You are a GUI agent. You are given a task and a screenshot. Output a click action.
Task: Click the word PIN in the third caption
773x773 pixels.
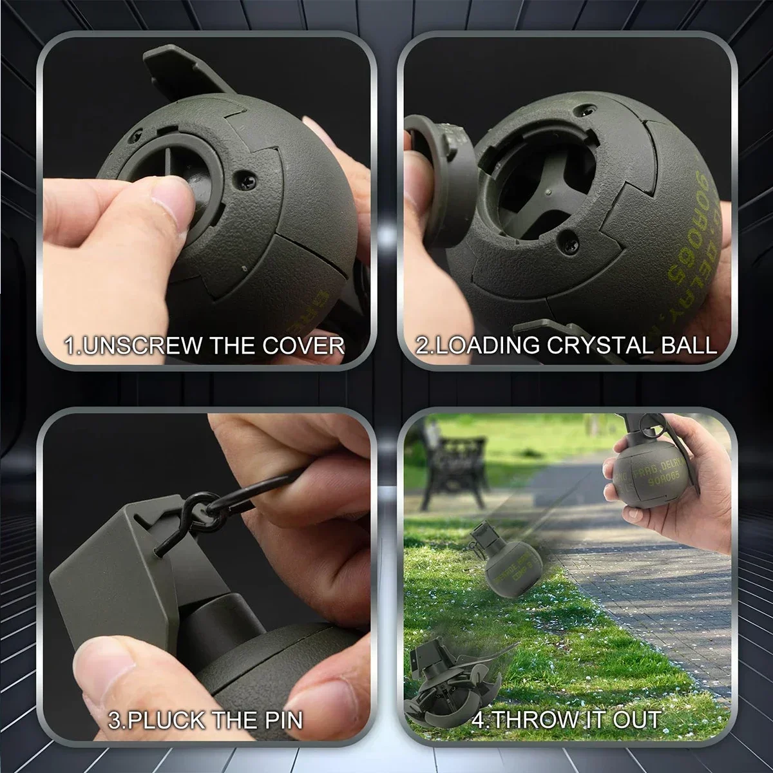click(x=280, y=720)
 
